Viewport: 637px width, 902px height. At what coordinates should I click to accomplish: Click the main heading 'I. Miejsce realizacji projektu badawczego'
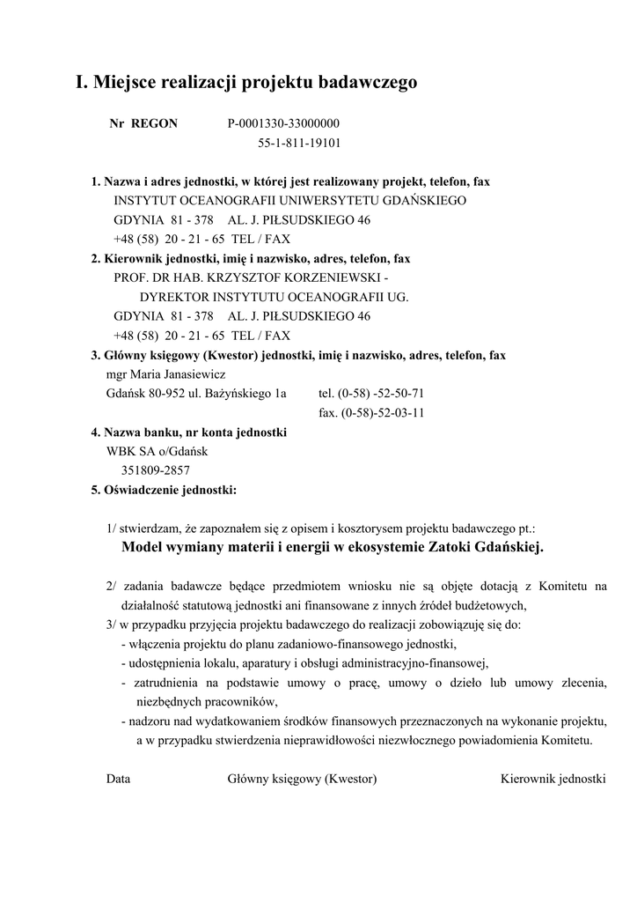[x=245, y=83]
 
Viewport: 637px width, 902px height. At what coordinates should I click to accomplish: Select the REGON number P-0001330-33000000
[x=283, y=123]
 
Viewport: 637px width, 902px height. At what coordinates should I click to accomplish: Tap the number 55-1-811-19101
[x=299, y=143]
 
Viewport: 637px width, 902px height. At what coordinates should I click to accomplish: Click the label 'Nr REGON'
[x=143, y=123]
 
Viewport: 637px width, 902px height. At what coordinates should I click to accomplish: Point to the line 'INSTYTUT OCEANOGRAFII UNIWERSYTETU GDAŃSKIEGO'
[x=289, y=201]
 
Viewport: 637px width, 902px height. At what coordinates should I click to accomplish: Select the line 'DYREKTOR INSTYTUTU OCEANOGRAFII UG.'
[x=274, y=297]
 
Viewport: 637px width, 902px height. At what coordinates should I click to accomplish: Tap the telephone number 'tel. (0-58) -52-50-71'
[x=371, y=394]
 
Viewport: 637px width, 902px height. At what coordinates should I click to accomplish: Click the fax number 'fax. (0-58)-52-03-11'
[x=371, y=413]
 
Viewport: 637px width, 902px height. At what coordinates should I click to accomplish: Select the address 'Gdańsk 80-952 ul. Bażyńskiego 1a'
[x=196, y=394]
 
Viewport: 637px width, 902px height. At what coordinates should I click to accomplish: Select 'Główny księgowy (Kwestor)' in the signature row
[x=302, y=779]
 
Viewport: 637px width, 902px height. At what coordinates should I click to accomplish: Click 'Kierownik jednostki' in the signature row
[x=553, y=779]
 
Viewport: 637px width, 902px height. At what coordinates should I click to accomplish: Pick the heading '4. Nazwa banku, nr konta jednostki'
[x=189, y=433]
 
